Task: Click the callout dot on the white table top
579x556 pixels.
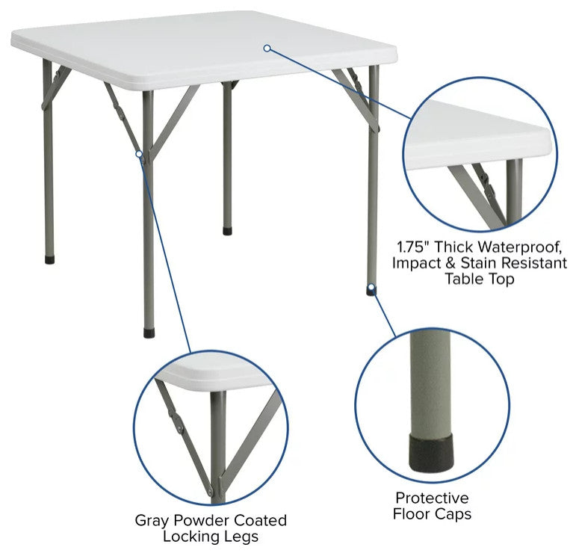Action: point(267,48)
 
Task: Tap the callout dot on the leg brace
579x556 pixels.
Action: point(139,153)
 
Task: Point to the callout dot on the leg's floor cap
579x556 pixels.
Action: point(371,287)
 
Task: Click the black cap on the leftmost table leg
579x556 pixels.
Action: point(49,259)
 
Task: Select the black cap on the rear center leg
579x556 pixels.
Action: point(228,231)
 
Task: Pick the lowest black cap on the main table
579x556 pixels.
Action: point(149,333)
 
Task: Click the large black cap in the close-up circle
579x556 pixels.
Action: point(431,454)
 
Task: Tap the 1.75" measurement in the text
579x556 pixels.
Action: point(413,247)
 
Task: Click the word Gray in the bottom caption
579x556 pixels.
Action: point(152,521)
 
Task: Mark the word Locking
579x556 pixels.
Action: point(190,537)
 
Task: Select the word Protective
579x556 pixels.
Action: point(432,498)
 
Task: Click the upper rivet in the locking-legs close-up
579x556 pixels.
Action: point(180,429)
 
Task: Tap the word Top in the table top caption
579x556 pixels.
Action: point(502,279)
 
